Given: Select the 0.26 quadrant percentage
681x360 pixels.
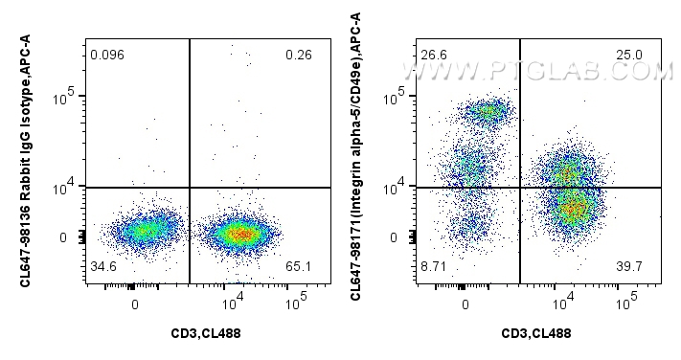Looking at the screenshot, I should (x=298, y=56).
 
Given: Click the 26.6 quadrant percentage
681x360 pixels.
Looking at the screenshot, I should (x=435, y=56).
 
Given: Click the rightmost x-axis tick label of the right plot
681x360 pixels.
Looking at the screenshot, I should (x=625, y=301).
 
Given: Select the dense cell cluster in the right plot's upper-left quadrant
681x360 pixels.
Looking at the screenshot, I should (x=488, y=112).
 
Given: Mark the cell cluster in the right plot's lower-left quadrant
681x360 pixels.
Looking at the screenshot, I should (x=469, y=226).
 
